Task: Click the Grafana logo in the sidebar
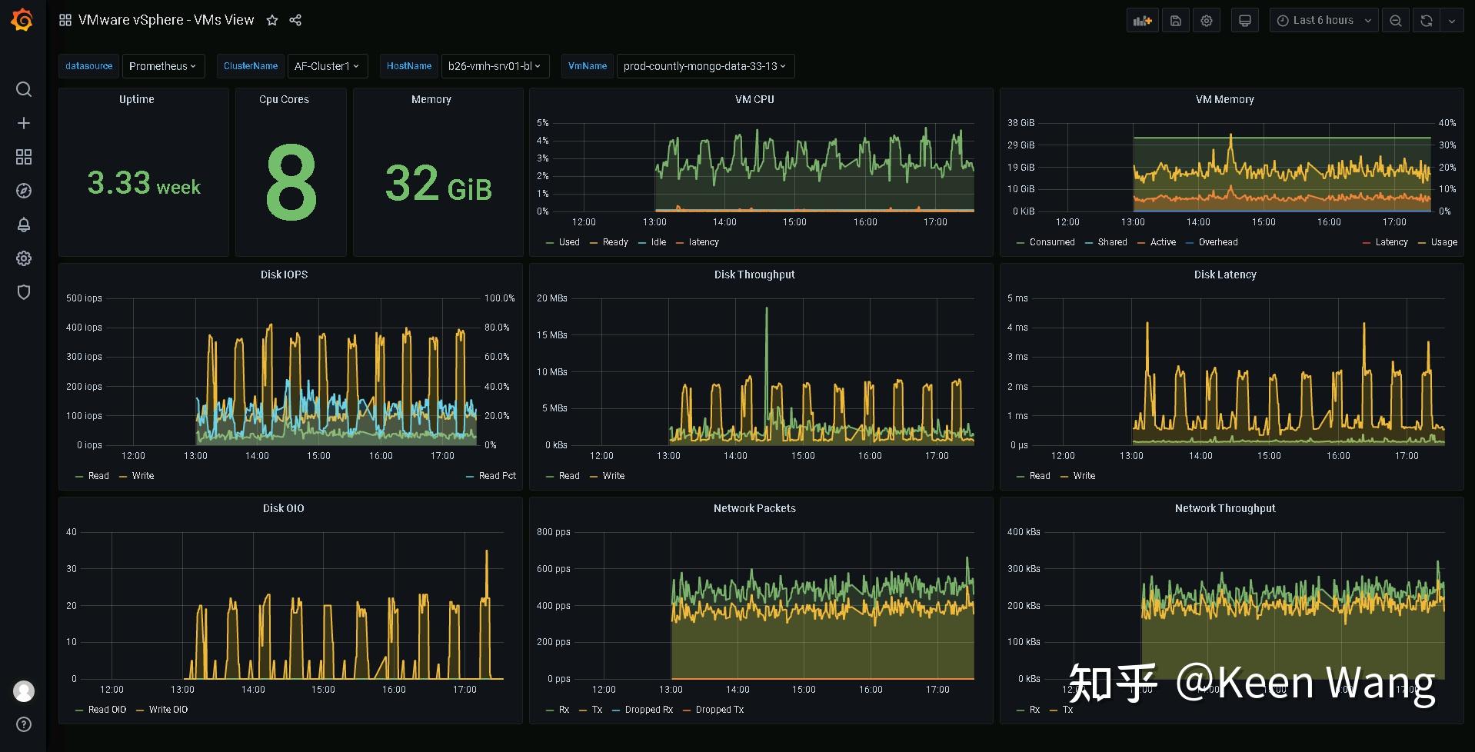pyautogui.click(x=22, y=20)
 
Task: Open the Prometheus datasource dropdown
pyautogui.click(x=162, y=66)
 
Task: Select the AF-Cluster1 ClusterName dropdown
pyautogui.click(x=327, y=66)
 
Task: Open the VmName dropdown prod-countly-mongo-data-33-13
pyautogui.click(x=704, y=66)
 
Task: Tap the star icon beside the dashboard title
pyautogui.click(x=272, y=21)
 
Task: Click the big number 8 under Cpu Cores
pyautogui.click(x=291, y=183)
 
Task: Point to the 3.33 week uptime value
pyautogui.click(x=144, y=184)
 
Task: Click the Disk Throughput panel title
pyautogui.click(x=754, y=275)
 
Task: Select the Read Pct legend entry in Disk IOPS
pyautogui.click(x=497, y=476)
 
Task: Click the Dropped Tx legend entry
pyautogui.click(x=719, y=710)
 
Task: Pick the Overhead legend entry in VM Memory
pyautogui.click(x=1217, y=242)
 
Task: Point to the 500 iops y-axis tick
pyautogui.click(x=84, y=298)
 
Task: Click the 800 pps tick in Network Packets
pyautogui.click(x=553, y=532)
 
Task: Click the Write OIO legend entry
pyautogui.click(x=168, y=710)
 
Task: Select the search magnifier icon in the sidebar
pyautogui.click(x=24, y=89)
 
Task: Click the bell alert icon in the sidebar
pyautogui.click(x=24, y=225)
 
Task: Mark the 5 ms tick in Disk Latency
pyautogui.click(x=1017, y=298)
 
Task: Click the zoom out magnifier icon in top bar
pyautogui.click(x=1395, y=21)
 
